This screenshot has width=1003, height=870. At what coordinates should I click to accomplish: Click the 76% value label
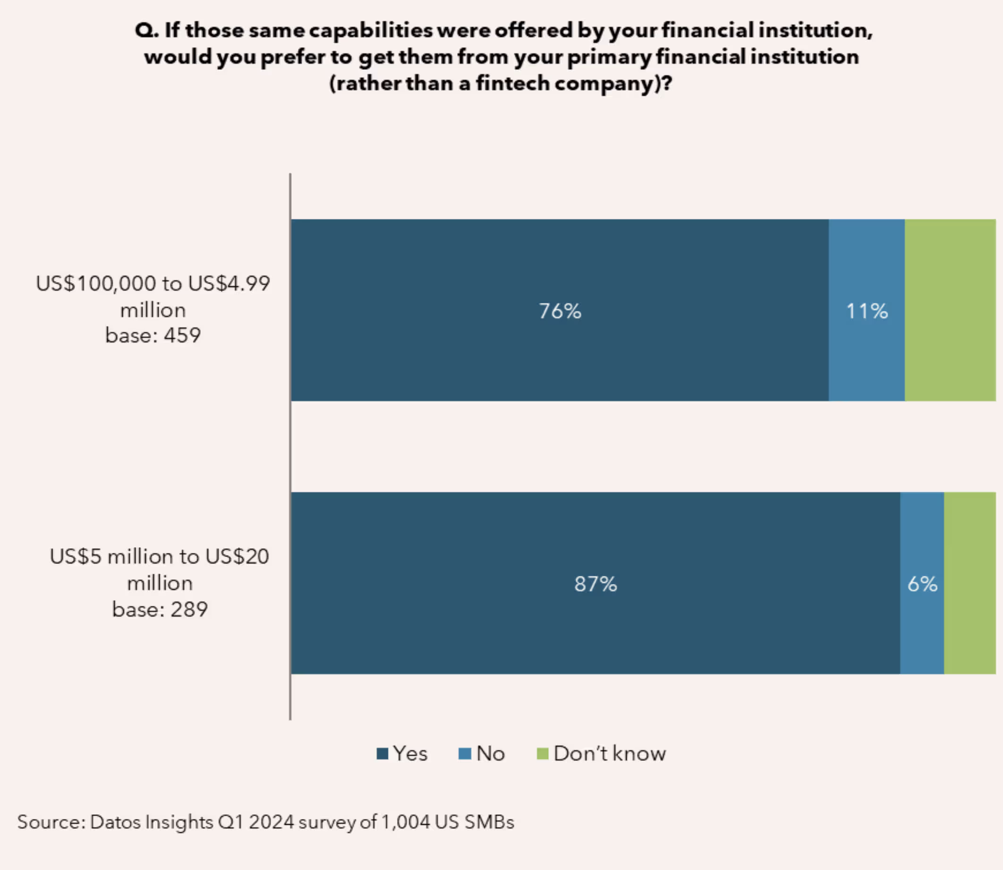point(560,311)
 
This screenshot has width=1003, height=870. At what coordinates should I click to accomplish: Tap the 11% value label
point(867,311)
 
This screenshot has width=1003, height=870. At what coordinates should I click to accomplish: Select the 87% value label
point(595,584)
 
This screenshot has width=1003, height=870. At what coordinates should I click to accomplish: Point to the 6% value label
point(922,584)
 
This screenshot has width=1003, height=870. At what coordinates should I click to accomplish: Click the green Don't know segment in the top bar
point(950,310)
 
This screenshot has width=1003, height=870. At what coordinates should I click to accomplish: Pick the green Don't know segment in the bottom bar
point(970,583)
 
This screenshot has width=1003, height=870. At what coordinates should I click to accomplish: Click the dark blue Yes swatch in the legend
point(382,753)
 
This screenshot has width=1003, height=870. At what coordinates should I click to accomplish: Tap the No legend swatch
point(465,753)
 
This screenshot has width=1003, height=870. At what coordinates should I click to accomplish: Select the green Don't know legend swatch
point(543,753)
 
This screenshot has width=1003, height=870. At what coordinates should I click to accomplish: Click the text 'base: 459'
point(153,335)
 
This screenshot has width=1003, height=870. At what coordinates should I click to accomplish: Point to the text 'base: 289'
point(160,609)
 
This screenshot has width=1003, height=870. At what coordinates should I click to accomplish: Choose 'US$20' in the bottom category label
point(237,556)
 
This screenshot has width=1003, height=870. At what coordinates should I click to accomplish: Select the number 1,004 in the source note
point(406,822)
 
